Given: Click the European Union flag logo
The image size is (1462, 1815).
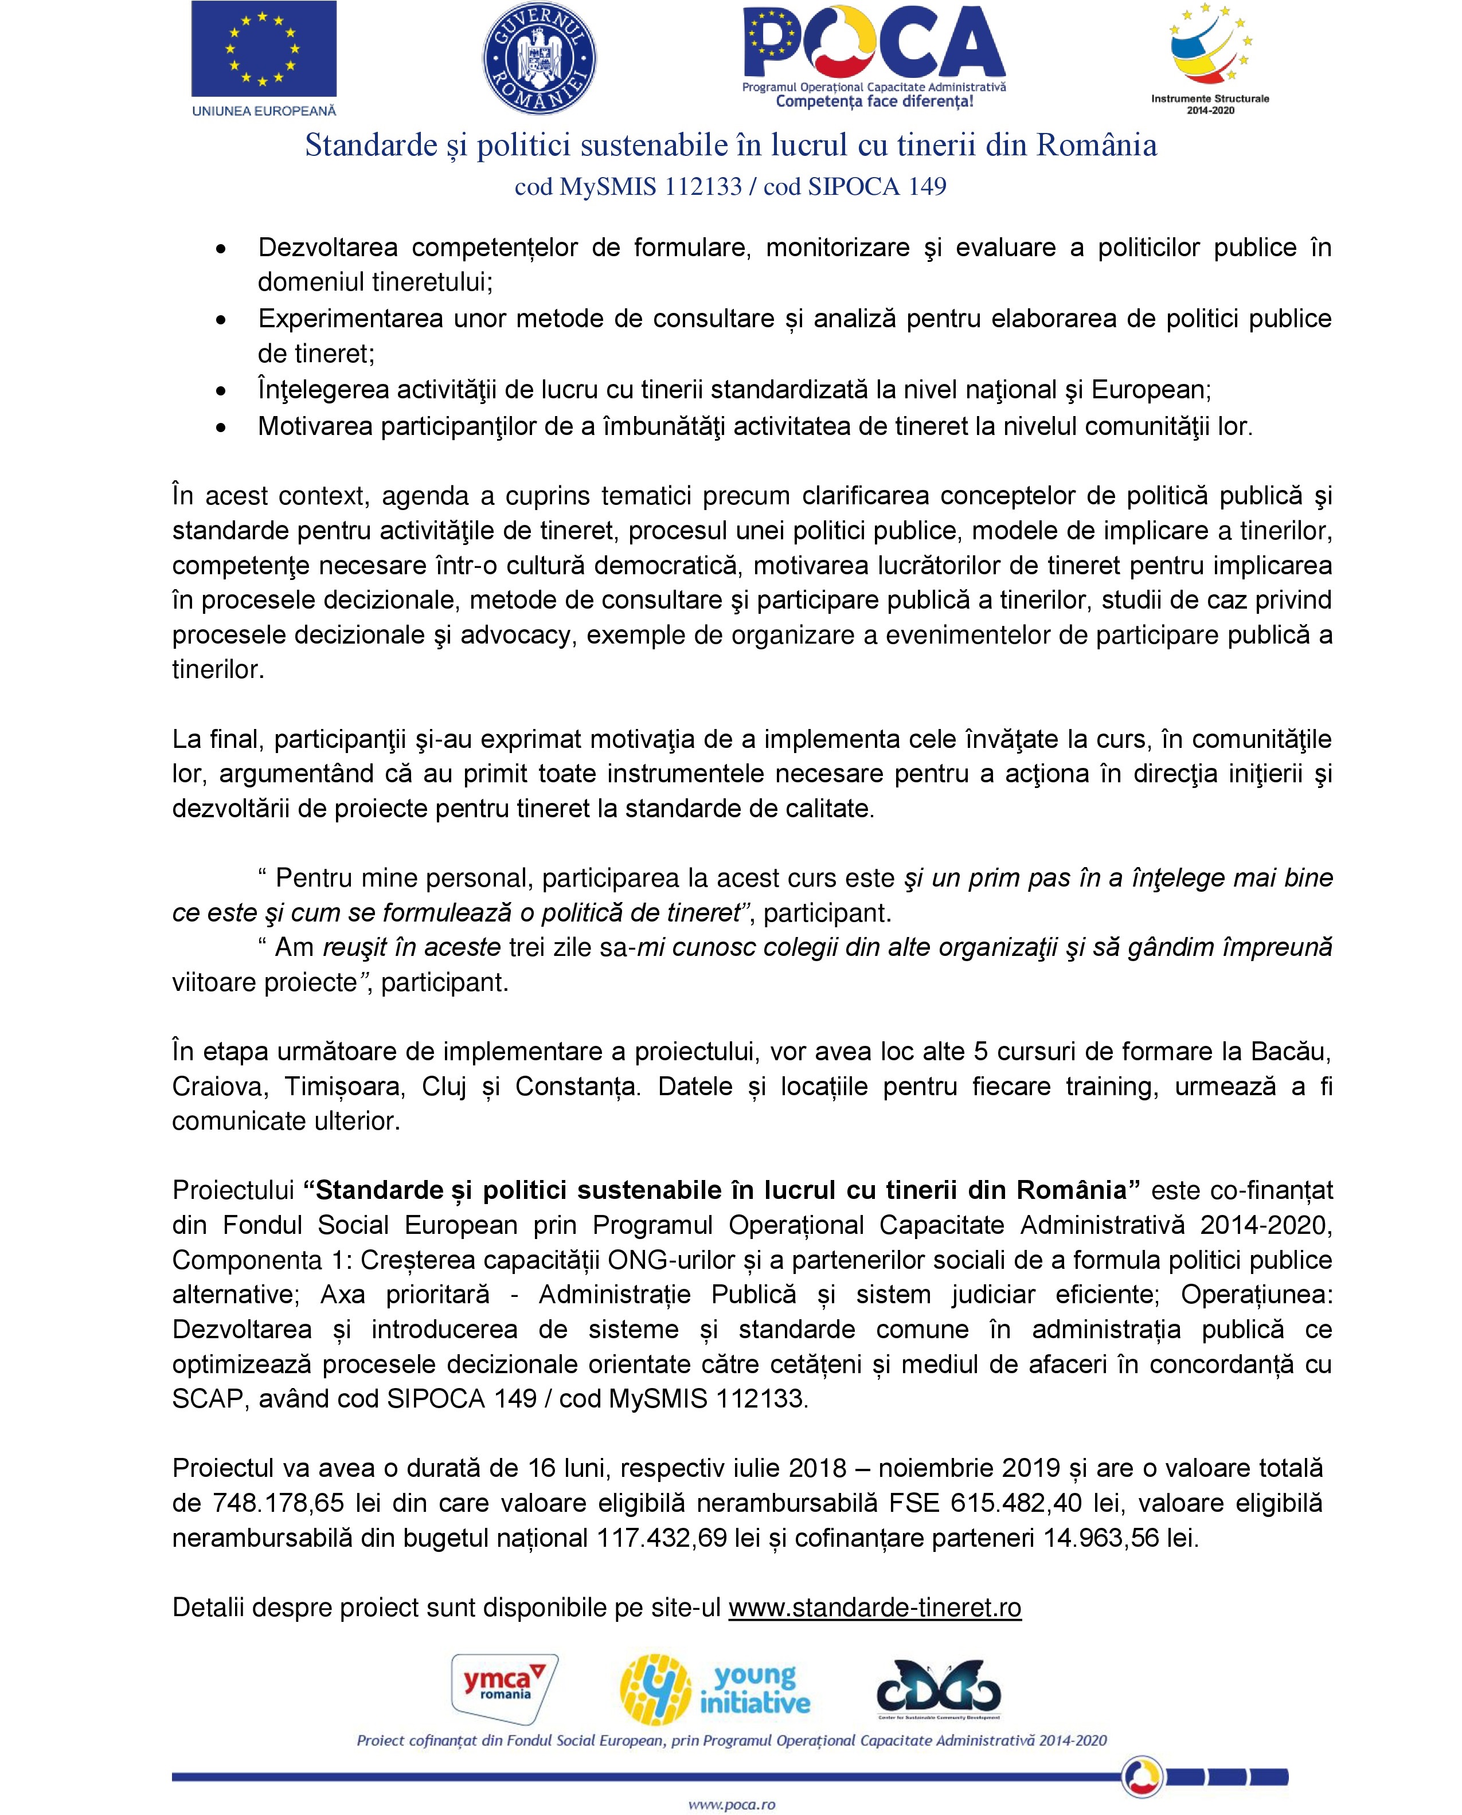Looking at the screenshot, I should click(264, 49).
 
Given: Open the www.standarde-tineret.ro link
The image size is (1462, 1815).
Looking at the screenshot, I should click(874, 1607).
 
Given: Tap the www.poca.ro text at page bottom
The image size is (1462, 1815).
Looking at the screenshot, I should click(731, 1804).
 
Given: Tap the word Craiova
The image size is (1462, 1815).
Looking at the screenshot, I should click(220, 1087).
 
